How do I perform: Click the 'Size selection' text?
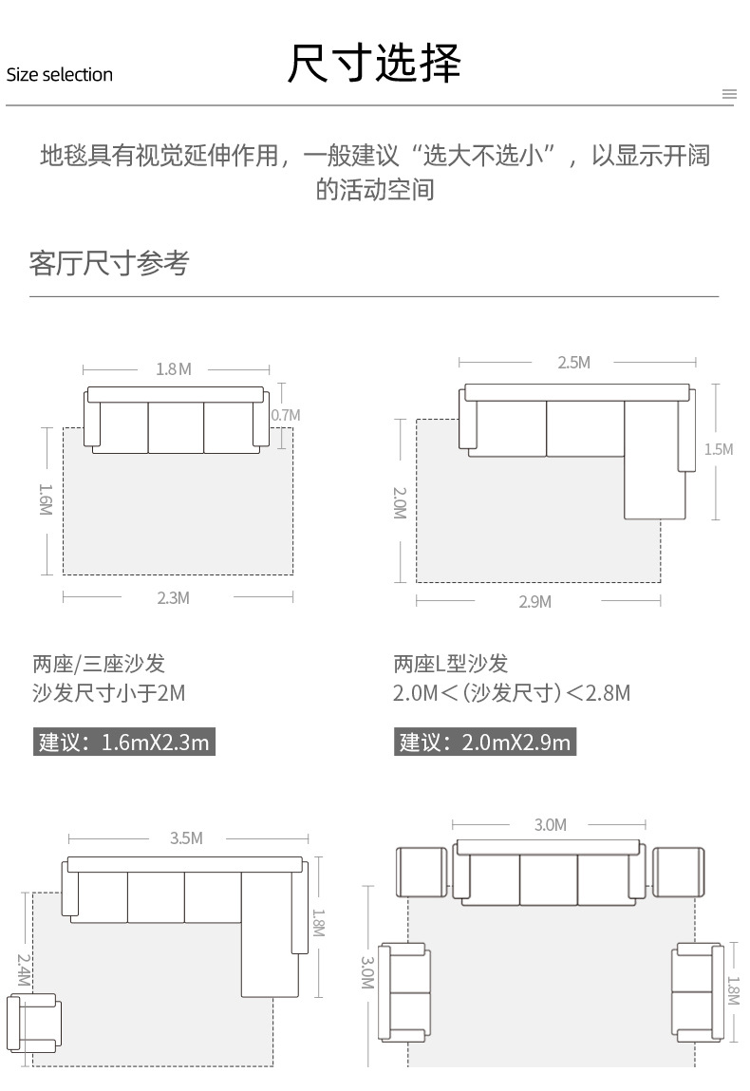(x=60, y=75)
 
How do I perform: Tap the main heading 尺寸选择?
(x=374, y=64)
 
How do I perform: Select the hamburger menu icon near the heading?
(x=729, y=94)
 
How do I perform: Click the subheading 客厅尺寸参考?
(x=109, y=263)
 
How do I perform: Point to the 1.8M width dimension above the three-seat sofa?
(x=174, y=369)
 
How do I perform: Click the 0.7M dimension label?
(x=285, y=415)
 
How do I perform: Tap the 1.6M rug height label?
(x=46, y=499)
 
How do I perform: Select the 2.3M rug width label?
(x=173, y=597)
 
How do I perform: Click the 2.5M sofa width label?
(x=573, y=363)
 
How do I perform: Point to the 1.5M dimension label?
(x=718, y=449)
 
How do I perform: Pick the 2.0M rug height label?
(x=399, y=503)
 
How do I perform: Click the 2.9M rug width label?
(x=534, y=602)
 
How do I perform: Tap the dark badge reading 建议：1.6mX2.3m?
(x=124, y=742)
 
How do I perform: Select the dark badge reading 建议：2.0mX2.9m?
(x=485, y=742)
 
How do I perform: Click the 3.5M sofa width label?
(x=186, y=838)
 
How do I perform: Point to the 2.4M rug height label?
(x=23, y=969)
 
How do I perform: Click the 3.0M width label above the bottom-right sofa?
(x=550, y=825)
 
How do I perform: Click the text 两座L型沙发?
(x=451, y=664)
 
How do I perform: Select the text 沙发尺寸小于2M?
(x=108, y=693)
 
